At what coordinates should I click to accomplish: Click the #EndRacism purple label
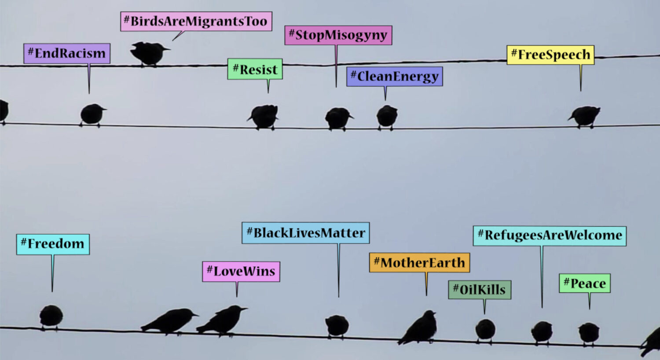[67, 53]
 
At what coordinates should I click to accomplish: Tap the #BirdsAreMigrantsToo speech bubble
[196, 21]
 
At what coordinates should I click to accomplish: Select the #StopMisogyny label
[338, 35]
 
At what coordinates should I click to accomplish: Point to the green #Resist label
[255, 69]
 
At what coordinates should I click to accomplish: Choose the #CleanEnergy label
[395, 76]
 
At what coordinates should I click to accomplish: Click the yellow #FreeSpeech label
[550, 55]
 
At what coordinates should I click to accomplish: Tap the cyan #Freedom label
[53, 244]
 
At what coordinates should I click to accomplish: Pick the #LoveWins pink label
[241, 272]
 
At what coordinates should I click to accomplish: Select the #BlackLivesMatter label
[305, 233]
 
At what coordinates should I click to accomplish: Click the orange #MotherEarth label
[420, 262]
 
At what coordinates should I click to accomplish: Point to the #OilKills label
[480, 290]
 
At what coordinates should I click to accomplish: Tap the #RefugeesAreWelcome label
[550, 236]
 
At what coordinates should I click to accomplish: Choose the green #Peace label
[585, 283]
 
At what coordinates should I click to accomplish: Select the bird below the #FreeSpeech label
[585, 117]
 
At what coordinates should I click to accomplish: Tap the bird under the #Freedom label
[51, 317]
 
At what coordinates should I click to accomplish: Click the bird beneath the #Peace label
[589, 334]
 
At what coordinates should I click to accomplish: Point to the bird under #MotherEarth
[418, 327]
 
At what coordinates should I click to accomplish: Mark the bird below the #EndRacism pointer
[92, 115]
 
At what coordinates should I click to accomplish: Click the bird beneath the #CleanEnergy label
[387, 117]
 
